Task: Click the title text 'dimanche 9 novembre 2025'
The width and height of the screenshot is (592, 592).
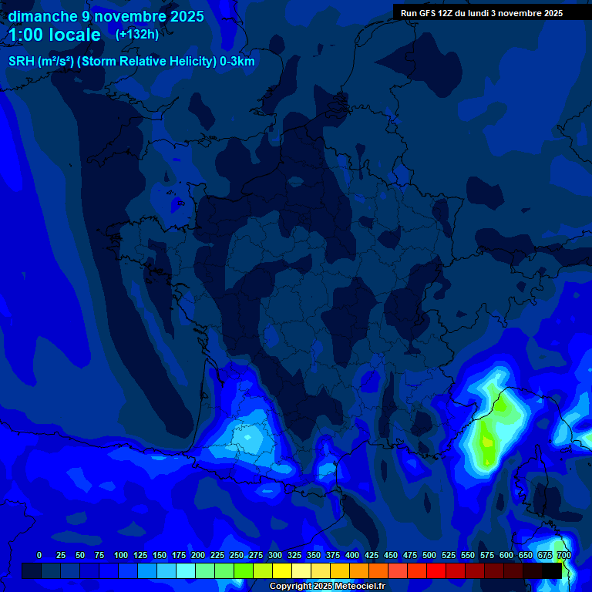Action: click(106, 16)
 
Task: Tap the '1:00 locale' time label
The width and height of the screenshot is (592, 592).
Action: click(55, 35)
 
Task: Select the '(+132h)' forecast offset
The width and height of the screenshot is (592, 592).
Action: click(136, 34)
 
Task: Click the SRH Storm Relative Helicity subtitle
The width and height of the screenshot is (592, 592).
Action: click(131, 61)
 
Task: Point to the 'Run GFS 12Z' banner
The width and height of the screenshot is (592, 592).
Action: click(481, 13)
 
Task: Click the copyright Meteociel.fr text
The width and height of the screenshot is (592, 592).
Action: click(327, 587)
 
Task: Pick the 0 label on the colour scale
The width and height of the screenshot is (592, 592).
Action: click(39, 555)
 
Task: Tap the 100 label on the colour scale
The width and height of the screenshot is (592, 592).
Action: click(121, 555)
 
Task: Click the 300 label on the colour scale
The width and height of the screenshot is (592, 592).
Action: click(275, 555)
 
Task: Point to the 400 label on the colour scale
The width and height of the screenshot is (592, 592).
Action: click(352, 555)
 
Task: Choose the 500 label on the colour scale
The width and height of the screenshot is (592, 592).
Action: click(429, 555)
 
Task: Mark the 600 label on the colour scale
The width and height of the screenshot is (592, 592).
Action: click(506, 555)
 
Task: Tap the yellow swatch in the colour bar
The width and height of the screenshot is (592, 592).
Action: click(282, 570)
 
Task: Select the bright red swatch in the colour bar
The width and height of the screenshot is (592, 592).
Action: click(436, 570)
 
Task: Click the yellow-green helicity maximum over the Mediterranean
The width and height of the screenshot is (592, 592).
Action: click(487, 442)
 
